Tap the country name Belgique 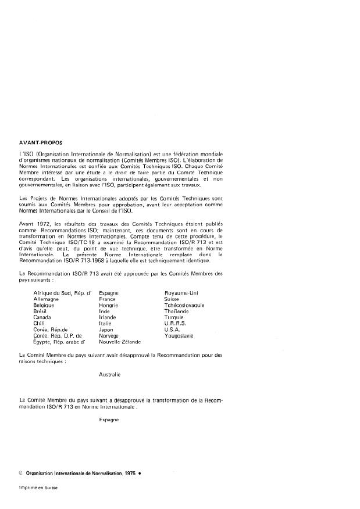[x=46, y=305]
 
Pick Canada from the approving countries [x=44, y=317]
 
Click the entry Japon [x=106, y=329]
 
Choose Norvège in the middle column [x=109, y=336]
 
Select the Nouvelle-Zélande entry [x=120, y=342]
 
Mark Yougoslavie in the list [x=181, y=336]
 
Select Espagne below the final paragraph [x=109, y=419]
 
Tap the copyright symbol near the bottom [x=21, y=474]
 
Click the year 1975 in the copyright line [x=130, y=474]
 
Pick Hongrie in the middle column [x=108, y=305]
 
